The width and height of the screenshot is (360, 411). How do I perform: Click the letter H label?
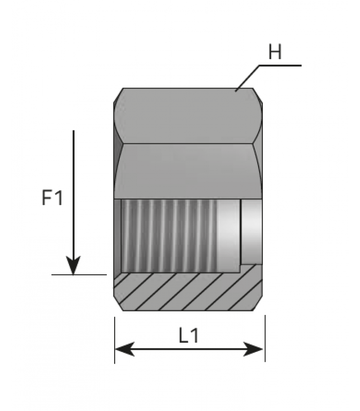point(275,52)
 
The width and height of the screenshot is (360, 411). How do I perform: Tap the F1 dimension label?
point(52,198)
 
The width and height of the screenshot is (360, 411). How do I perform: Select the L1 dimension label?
point(189,335)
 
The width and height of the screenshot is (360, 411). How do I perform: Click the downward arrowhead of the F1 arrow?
point(73,265)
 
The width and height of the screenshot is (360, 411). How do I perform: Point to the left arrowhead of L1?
point(125,349)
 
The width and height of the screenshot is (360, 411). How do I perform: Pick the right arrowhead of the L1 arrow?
point(253,349)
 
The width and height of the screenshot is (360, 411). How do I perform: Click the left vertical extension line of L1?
point(115,340)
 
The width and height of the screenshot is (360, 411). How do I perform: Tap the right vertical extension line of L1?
point(265,339)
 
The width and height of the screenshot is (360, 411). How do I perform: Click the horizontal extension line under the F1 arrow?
point(79,275)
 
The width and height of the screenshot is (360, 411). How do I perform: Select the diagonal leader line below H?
point(247,78)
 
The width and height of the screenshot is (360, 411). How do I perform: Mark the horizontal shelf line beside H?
point(280,65)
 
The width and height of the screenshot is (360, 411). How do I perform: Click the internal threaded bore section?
point(170,236)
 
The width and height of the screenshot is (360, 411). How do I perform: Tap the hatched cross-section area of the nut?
point(188,291)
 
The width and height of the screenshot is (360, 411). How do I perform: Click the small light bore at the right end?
point(251,232)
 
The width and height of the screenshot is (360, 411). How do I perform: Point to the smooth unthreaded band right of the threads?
point(229,236)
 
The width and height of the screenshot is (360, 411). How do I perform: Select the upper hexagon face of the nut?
point(188,116)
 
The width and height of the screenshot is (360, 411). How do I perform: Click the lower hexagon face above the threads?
point(188,171)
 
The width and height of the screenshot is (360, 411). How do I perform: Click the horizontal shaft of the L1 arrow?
point(189,349)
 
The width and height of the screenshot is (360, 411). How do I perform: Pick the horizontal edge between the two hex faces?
point(188,144)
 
